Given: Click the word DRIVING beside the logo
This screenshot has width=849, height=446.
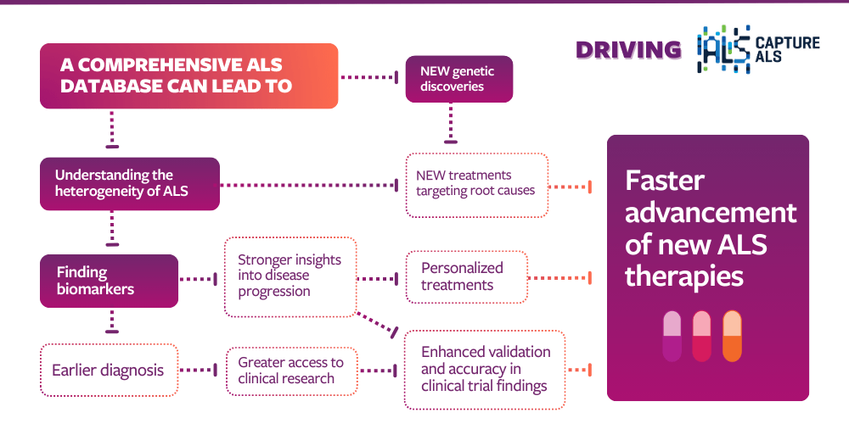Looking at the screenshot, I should [628, 50].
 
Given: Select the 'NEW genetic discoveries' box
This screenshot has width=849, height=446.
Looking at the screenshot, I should [458, 79].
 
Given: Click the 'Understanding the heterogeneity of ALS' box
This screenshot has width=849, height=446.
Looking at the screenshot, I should [130, 183].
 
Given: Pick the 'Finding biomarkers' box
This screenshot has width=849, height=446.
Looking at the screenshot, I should [109, 281].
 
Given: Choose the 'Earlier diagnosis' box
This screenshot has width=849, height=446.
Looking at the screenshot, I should [109, 370].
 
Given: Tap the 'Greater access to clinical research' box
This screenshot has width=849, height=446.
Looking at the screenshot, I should [291, 371].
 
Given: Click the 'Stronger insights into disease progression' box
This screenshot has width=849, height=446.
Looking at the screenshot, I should [290, 276].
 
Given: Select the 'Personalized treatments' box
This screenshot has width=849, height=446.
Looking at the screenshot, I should [466, 276].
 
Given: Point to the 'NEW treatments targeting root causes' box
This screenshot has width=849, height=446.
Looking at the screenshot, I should [476, 184].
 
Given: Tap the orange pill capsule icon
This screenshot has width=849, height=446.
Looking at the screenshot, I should [732, 337].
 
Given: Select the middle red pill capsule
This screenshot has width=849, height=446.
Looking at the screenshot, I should [702, 337].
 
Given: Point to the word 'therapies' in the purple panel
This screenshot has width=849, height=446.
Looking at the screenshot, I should [684, 276].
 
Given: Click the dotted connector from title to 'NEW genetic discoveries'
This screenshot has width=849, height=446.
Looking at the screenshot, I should [368, 77].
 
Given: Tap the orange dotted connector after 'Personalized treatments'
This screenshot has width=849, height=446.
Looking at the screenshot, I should [559, 277].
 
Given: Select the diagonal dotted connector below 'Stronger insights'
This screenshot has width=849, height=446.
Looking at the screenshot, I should [375, 323].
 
